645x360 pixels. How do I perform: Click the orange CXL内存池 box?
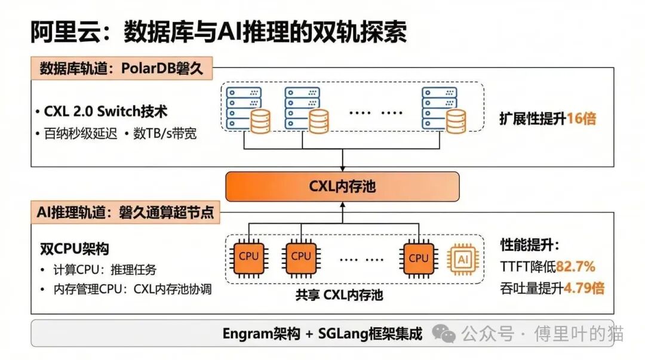coord(342,186)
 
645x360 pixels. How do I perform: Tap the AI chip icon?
coord(463,259)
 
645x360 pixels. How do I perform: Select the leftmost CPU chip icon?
coord(248,257)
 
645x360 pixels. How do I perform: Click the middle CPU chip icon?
coord(300,257)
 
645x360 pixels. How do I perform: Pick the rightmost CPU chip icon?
coord(418,259)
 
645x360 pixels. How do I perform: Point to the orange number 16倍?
coord(581,118)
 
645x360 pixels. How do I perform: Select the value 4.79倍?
coord(583,288)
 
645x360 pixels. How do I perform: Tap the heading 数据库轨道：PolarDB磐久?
coord(121,68)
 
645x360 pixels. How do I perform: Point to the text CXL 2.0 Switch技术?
coord(105,112)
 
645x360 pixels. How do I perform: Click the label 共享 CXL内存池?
coord(339,295)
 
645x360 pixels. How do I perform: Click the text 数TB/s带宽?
coord(164,134)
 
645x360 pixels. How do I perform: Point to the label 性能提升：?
coord(529,245)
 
